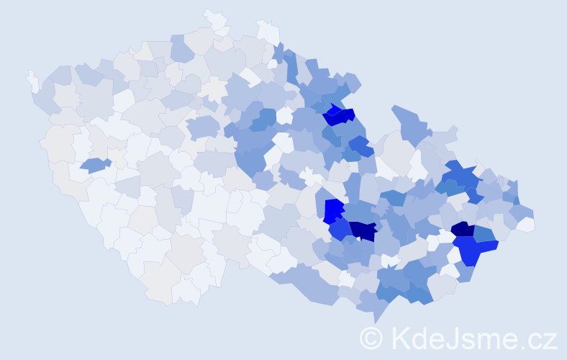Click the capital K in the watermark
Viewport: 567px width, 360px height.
click(x=401, y=338)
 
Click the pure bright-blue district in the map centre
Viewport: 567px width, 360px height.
click(x=333, y=210)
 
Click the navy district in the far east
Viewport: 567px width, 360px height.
click(x=463, y=230)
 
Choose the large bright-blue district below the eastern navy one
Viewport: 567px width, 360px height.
click(x=475, y=250)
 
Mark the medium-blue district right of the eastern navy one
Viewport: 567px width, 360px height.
click(x=484, y=233)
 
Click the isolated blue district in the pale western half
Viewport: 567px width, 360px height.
click(x=94, y=165)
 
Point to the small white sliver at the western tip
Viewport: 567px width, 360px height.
click(x=32, y=81)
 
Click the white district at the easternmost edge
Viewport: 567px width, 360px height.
click(x=526, y=225)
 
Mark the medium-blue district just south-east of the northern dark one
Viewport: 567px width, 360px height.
click(x=360, y=145)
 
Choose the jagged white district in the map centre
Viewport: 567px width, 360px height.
click(x=311, y=174)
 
